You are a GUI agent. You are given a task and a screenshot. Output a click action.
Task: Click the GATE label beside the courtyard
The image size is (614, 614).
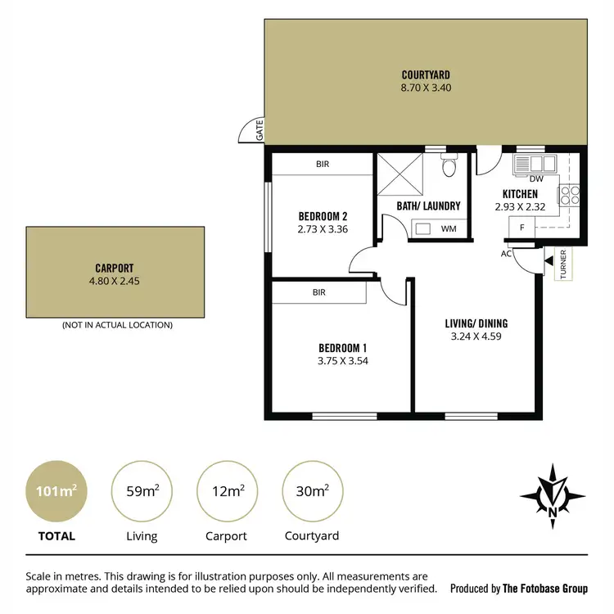coord(259,130)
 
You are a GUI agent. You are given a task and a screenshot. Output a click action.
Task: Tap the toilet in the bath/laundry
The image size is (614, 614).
coord(448,168)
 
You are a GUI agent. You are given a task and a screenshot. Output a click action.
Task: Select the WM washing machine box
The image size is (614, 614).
coord(448,228)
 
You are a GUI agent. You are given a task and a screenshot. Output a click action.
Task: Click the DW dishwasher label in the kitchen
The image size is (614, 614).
coord(536,178)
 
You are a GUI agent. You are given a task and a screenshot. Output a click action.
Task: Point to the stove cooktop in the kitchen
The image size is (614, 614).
coord(569,194)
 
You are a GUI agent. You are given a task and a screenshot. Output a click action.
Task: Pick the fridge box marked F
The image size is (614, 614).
coord(521,228)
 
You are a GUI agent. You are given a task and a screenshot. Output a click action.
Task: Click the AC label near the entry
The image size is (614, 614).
coord(508,254)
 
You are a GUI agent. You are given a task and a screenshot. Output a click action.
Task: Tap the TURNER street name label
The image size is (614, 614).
coord(564,264)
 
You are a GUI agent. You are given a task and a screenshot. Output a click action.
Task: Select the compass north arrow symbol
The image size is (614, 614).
coord(553,497)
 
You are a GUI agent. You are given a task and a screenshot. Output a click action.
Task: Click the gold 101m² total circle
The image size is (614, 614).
coord(56,491)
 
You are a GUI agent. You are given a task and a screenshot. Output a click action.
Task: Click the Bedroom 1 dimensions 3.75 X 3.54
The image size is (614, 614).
coord(342,359)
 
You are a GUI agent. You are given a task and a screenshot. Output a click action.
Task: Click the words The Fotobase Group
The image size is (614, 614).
coord(545,588)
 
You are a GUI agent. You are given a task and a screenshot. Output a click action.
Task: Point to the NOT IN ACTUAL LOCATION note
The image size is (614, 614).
coord(117,325)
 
